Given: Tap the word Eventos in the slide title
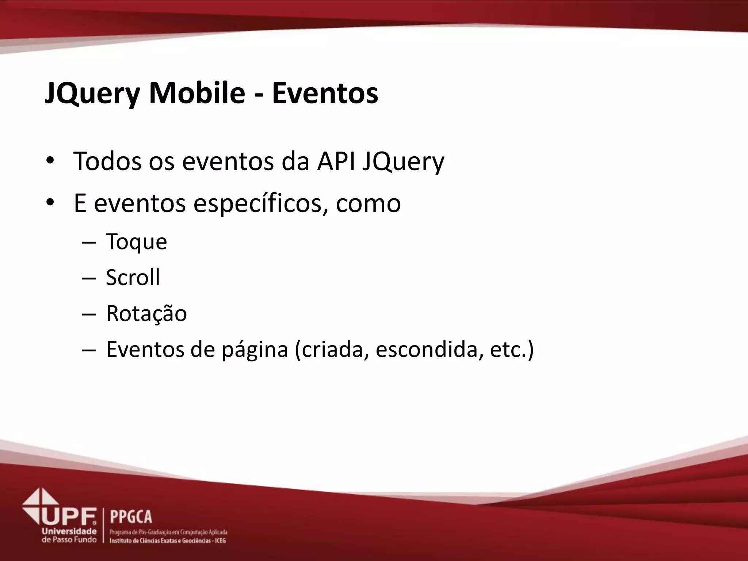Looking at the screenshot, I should coord(325,93).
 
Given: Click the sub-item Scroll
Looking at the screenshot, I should coord(133,277).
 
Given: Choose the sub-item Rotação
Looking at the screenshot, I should coord(146,313).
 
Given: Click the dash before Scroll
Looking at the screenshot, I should coord(89,278).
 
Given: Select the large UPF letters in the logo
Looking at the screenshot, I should coord(69,516).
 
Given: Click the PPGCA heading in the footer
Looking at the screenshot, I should coord(131,517).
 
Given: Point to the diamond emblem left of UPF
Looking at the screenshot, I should coord(39,504).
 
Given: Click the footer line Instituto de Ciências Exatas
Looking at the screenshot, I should coord(168,541).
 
